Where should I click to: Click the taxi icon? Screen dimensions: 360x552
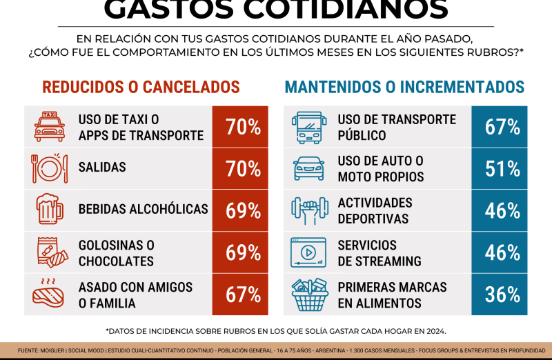point(50,127)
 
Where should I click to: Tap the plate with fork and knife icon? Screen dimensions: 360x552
point(50,168)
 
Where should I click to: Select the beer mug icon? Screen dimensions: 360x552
point(50,210)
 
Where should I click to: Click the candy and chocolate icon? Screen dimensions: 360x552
point(50,252)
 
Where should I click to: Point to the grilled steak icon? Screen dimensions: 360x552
point(50,294)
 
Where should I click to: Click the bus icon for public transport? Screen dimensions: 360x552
point(309,127)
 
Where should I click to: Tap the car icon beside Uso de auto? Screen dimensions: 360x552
point(309,168)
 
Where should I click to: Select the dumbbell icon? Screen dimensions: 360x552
point(309,210)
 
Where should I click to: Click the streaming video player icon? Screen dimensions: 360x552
point(309,252)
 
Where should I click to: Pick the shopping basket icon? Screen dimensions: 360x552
point(309,294)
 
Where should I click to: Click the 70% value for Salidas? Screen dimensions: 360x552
point(243,168)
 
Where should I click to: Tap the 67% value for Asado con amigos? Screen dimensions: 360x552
point(243,294)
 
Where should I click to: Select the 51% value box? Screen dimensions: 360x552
point(502,168)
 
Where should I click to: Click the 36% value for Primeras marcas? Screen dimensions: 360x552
point(502,294)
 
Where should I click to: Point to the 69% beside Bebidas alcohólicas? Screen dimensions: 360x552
point(243,210)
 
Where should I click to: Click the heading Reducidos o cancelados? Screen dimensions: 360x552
point(141,88)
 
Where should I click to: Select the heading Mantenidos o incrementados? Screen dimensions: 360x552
point(404,88)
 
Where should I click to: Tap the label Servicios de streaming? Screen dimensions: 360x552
point(379,253)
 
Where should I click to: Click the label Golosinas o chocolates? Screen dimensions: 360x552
point(116,253)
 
